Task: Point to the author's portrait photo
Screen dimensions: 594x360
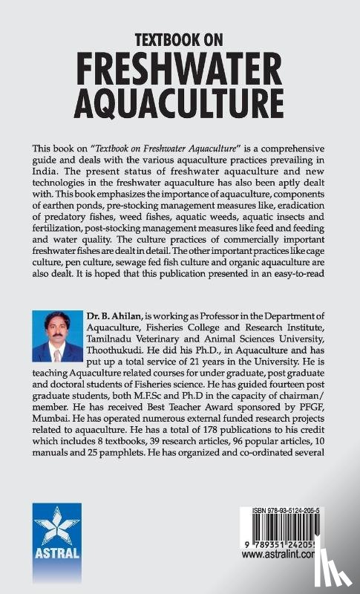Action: click(58, 336)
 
